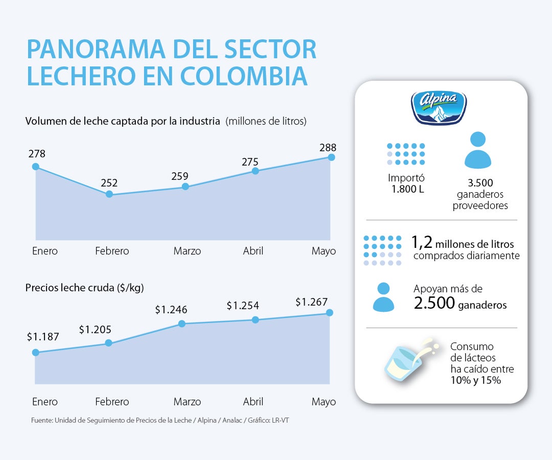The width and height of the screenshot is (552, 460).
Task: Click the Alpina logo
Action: click(439, 108)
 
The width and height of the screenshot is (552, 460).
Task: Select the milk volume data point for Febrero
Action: click(109, 194)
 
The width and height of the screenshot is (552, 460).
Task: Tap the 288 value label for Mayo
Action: click(328, 148)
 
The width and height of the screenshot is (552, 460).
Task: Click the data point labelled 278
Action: click(35, 167)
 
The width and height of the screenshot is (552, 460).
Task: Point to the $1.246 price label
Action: click(171, 310)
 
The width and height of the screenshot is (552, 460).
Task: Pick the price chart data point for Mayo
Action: click(329, 312)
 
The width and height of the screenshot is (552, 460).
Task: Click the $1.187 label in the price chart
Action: click(43, 337)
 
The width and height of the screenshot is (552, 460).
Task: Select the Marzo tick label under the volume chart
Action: click(187, 251)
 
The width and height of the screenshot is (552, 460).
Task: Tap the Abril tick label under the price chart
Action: click(253, 402)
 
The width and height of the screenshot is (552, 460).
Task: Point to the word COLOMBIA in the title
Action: click(244, 76)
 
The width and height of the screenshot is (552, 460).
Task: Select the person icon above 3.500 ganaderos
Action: click(477, 150)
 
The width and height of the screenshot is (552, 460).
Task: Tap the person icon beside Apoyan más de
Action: click(383, 297)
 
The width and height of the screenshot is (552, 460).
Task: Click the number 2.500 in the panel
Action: click(434, 304)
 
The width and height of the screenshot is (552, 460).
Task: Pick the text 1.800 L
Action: click(407, 190)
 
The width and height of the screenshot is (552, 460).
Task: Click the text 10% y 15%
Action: click(475, 380)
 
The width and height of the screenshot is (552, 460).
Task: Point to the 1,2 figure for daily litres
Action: click(422, 242)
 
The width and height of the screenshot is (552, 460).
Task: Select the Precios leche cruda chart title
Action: click(84, 288)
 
